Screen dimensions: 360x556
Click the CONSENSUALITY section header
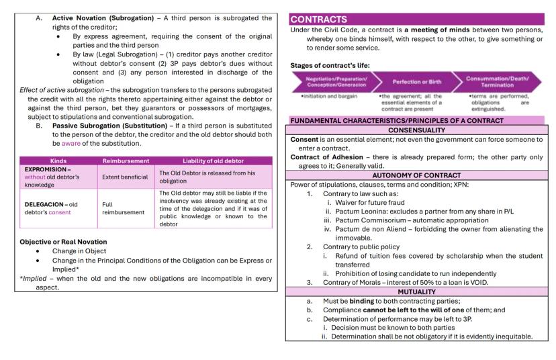[416, 129]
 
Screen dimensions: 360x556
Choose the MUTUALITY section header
[416, 291]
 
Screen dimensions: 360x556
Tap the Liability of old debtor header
[214, 161]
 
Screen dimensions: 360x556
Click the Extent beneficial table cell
[124, 177]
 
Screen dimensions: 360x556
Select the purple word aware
[71, 143]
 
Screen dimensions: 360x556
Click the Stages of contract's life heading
[330, 65]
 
